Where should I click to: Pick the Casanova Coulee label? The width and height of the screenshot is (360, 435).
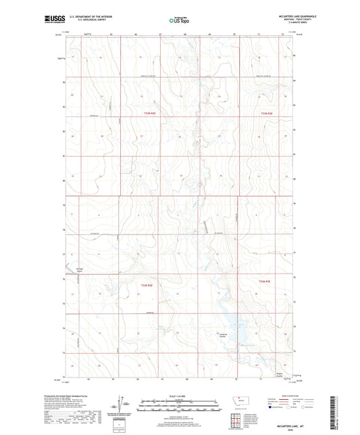(x=223, y=334)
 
